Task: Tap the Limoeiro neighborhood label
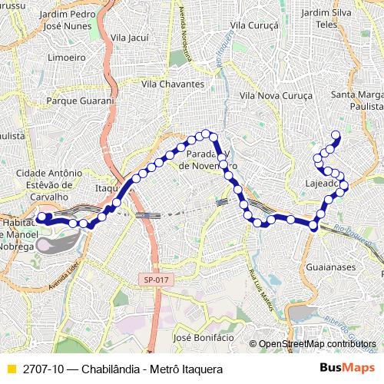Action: coord(66,57)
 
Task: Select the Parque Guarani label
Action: coord(80,100)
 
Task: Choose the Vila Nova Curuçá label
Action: coord(276,95)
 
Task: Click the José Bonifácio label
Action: coord(204,337)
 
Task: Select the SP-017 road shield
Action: coord(155,280)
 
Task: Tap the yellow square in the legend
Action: coord(11,367)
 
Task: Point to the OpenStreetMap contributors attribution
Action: coord(314,343)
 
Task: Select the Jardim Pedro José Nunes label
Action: coord(68,19)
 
